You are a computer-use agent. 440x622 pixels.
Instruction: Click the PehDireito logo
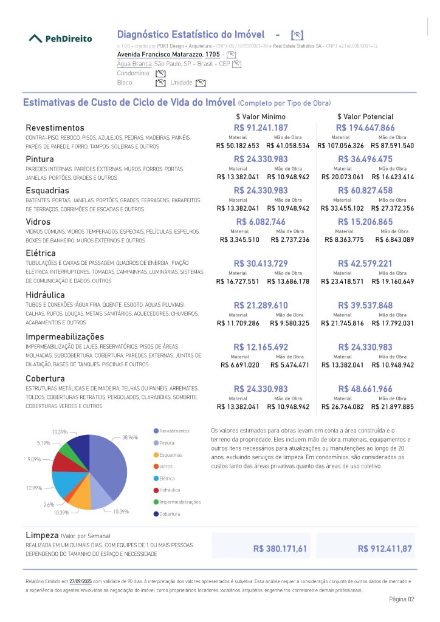(61, 38)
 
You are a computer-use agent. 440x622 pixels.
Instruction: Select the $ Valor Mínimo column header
(261, 117)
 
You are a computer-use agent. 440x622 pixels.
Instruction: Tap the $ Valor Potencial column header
(365, 117)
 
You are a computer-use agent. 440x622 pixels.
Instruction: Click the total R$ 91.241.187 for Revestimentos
(261, 128)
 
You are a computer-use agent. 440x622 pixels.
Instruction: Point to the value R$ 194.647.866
(365, 128)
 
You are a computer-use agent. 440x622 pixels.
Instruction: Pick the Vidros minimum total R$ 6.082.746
(261, 222)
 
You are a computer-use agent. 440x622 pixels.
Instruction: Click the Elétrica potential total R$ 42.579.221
(365, 263)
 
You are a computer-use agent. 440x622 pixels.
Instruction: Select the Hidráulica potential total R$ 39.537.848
(365, 305)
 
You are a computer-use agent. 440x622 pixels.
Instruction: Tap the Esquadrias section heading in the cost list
(48, 190)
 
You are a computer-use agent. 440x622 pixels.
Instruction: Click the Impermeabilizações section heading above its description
(64, 337)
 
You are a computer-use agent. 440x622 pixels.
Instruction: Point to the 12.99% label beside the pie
(34, 488)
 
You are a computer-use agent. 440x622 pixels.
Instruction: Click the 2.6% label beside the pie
(49, 505)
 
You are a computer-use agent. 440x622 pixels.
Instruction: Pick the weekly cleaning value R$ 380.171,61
(280, 549)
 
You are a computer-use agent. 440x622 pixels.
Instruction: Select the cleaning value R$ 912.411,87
(385, 549)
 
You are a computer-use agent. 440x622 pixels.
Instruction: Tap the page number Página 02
(401, 599)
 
